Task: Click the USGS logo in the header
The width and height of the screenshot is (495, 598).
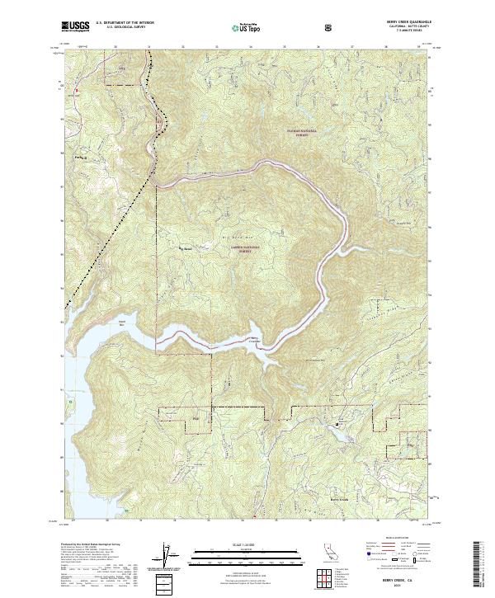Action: pyautogui.click(x=76, y=27)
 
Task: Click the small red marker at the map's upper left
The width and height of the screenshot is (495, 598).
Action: pyautogui.click(x=75, y=90)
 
